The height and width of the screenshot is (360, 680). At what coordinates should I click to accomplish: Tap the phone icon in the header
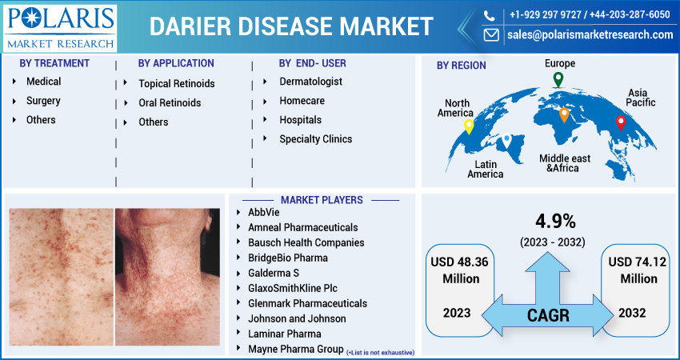[490, 15]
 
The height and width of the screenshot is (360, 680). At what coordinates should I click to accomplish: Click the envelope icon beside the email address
[490, 35]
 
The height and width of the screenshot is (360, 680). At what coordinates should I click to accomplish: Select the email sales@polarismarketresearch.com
[590, 35]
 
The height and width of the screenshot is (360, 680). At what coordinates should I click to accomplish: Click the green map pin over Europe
[558, 79]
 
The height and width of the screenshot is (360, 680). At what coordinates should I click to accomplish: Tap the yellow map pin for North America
[469, 126]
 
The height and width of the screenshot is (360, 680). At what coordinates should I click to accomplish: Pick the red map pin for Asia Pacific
[620, 122]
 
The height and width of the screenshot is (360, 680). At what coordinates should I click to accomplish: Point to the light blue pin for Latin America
[506, 142]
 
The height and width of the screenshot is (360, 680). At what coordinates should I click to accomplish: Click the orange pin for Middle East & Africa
[564, 114]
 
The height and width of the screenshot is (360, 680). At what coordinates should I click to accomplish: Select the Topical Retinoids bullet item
[176, 83]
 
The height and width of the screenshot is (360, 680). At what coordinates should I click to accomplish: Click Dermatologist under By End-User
[310, 82]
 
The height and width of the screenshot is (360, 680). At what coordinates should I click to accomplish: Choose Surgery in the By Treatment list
[43, 101]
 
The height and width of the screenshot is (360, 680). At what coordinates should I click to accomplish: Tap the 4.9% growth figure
[552, 222]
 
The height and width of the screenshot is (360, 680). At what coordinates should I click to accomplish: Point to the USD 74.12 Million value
[638, 270]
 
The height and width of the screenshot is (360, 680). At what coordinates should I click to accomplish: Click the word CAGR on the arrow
[548, 314]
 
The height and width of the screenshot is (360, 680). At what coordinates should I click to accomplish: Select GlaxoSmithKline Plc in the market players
[296, 288]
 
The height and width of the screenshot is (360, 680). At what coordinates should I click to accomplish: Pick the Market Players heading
[321, 200]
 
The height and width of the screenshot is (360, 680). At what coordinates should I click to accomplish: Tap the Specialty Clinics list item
[315, 139]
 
